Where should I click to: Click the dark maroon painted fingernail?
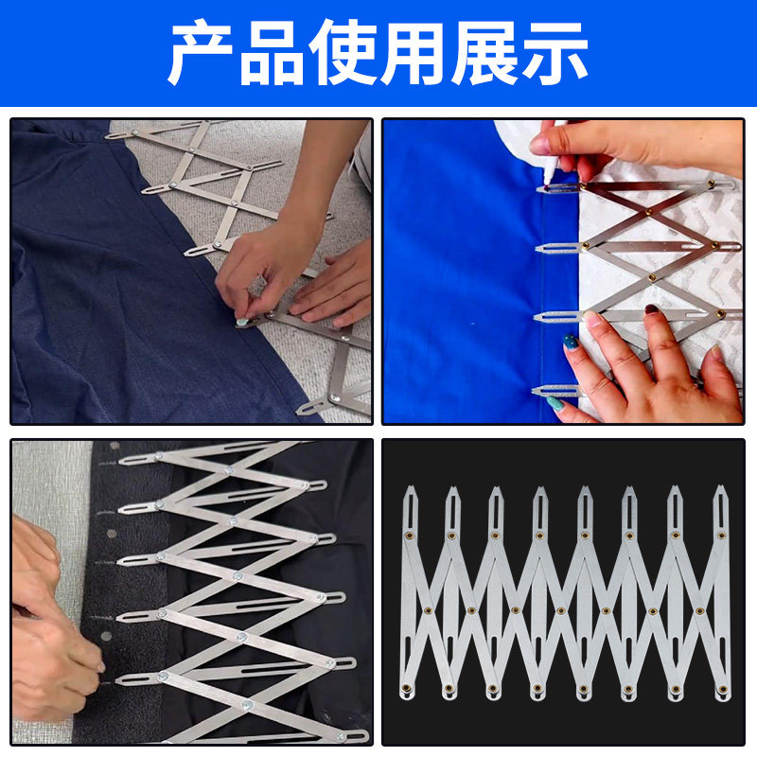651,309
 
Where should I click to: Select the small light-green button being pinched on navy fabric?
243,322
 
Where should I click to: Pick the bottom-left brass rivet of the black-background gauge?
408,687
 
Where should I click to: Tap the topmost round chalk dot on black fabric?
114,445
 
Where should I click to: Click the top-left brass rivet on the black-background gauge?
409,536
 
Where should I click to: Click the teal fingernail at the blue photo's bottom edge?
557,403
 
